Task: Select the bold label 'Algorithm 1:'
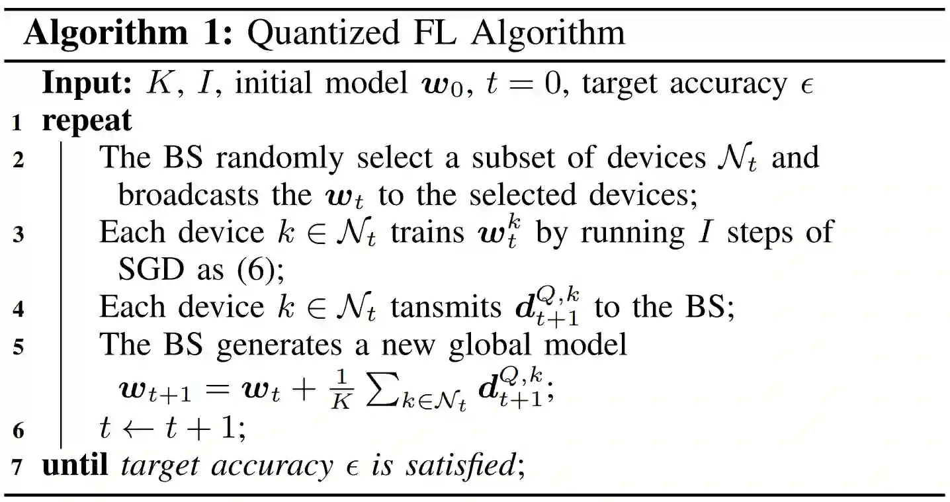point(128,34)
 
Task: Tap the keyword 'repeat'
point(87,121)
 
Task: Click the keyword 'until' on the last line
point(75,466)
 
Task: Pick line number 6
point(19,431)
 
